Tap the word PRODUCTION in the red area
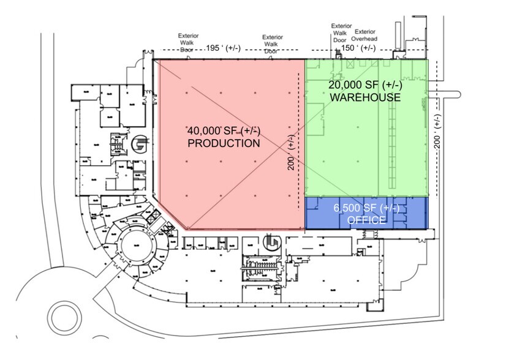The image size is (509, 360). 224,144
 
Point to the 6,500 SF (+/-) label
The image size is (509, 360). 366,208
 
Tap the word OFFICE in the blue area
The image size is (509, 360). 366,220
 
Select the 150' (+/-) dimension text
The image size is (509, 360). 358,48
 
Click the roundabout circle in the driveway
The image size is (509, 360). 64,317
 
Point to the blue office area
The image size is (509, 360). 366,214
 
